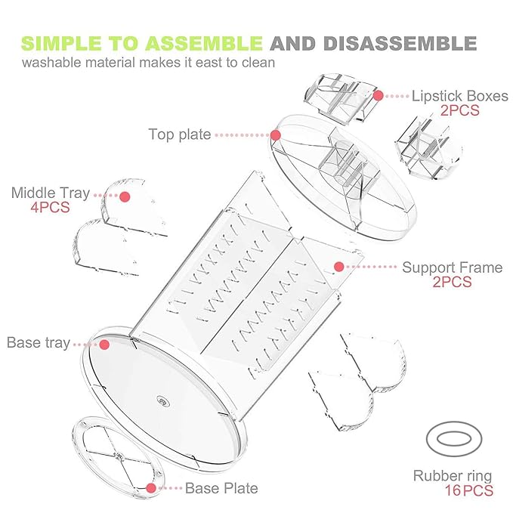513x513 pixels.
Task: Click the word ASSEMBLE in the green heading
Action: (204, 44)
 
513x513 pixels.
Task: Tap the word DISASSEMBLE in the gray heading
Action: (400, 44)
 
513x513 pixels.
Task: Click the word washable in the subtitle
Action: (51, 62)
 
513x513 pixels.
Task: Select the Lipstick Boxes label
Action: (459, 96)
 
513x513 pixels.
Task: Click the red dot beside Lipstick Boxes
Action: (379, 95)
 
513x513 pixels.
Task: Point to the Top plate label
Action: (180, 134)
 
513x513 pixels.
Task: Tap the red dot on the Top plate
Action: (276, 134)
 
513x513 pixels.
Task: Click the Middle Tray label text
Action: (51, 193)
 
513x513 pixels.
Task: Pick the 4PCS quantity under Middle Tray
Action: (50, 208)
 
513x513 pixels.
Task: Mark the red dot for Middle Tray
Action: (125, 196)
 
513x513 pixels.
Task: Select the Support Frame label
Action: (452, 267)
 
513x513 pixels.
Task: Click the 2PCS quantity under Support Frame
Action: (452, 282)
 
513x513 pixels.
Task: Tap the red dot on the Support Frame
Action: (339, 267)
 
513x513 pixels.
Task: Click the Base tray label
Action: (39, 342)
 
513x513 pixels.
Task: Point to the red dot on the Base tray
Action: (104, 345)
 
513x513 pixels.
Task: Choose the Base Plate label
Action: (221, 488)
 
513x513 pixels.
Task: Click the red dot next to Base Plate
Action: (151, 488)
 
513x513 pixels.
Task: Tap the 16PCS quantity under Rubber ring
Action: (469, 490)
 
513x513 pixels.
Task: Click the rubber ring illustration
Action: (454, 423)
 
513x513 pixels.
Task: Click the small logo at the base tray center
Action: (163, 400)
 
